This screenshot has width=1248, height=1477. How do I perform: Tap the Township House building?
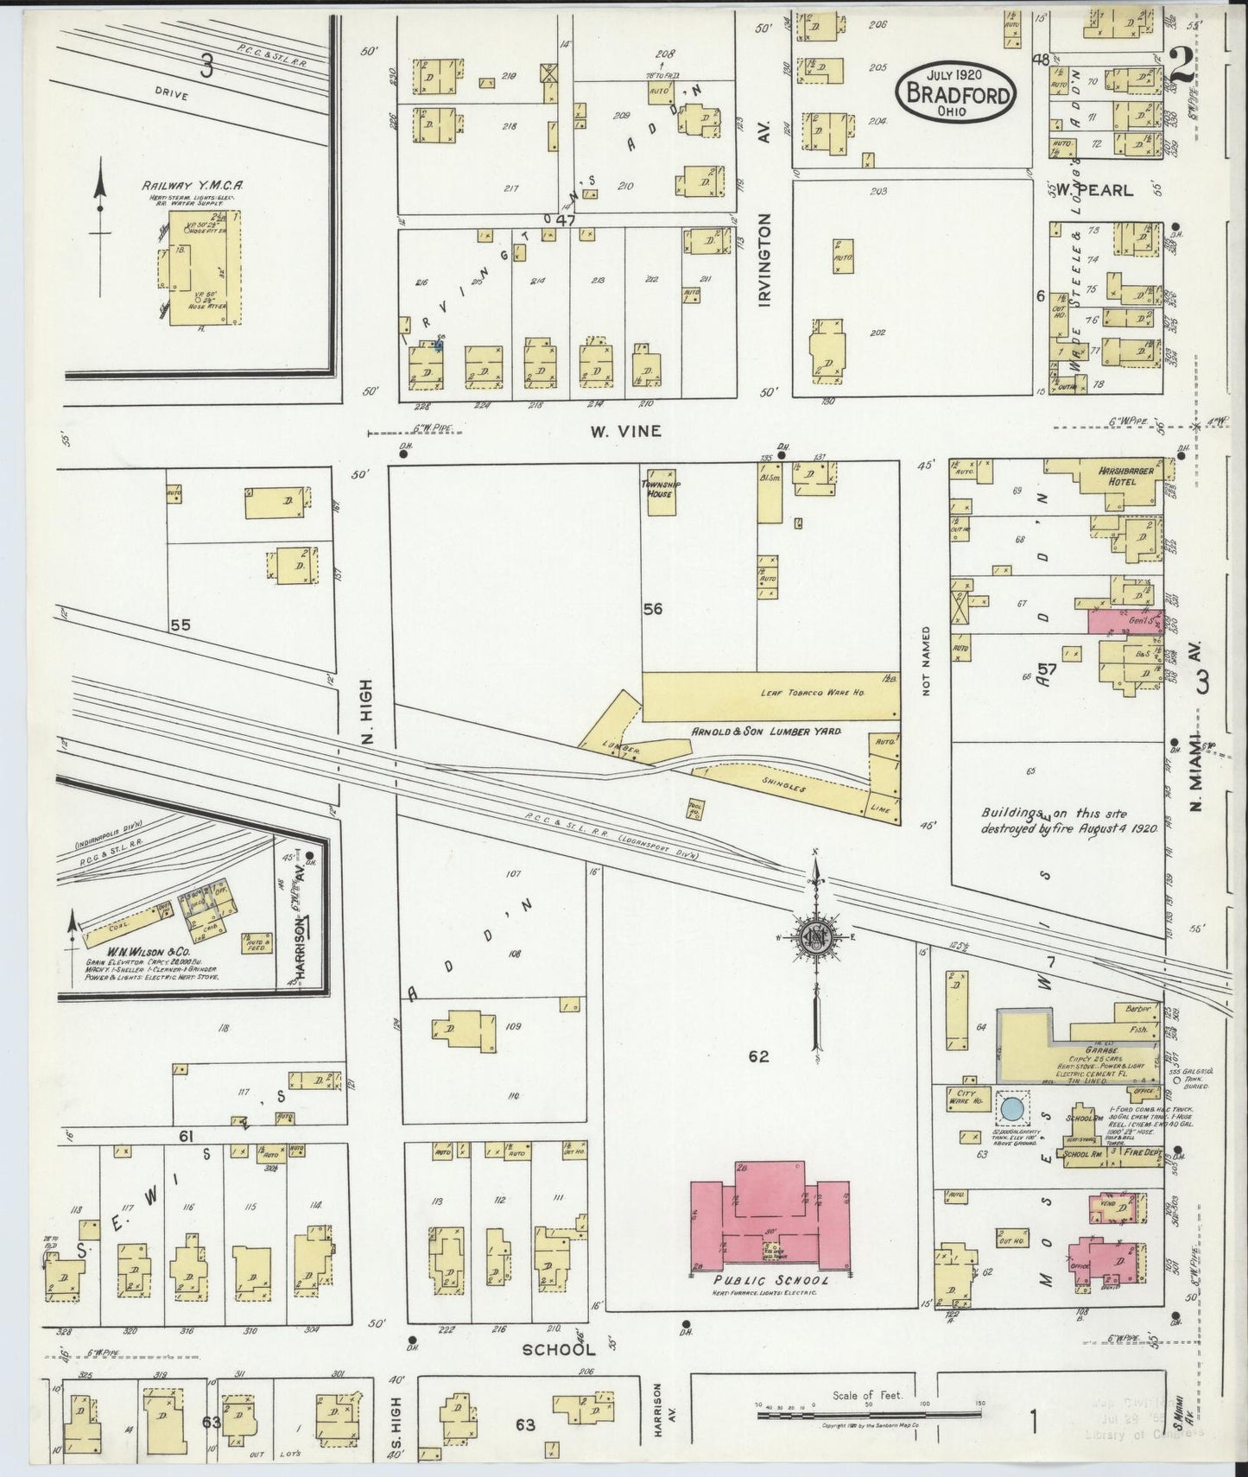coord(661,492)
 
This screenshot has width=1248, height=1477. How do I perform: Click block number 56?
coord(653,609)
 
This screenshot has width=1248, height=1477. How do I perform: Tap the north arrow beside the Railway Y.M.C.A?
coord(101,207)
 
